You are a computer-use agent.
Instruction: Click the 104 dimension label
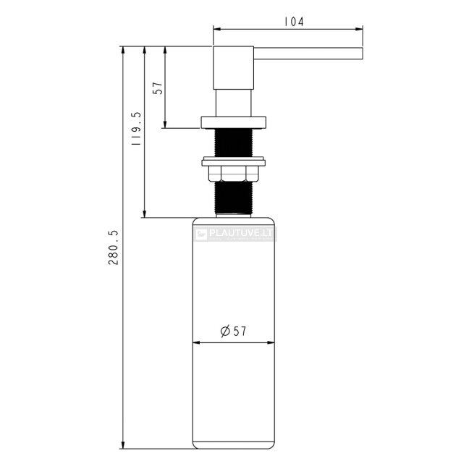[x=294, y=22]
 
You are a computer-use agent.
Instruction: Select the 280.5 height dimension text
[x=114, y=248]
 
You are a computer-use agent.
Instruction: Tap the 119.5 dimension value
[x=136, y=129]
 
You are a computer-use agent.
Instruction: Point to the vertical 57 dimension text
[x=158, y=88]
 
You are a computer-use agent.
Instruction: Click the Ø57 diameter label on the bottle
[x=233, y=331]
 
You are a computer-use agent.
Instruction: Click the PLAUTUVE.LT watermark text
[x=240, y=233]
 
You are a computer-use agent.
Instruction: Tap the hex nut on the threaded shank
[x=233, y=174]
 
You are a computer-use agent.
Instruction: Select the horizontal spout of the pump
[x=308, y=54]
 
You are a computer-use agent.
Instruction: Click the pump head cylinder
[x=233, y=68]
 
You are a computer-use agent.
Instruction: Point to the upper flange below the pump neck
[x=233, y=122]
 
